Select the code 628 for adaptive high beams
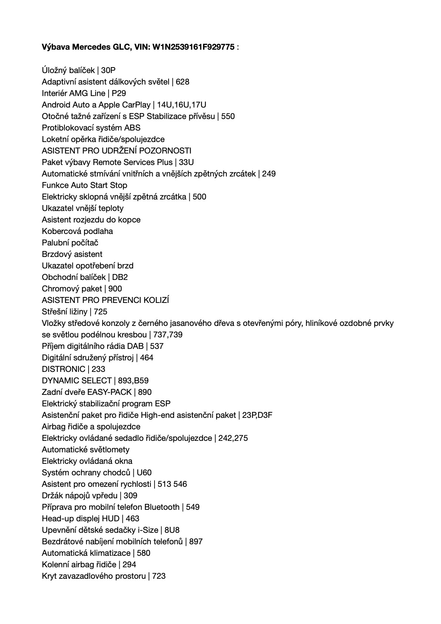tap(182, 82)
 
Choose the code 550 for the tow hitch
tap(228, 116)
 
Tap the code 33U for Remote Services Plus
tap(186, 162)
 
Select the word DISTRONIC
tap(63, 369)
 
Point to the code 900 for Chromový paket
tap(115, 288)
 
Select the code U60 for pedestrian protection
tap(144, 472)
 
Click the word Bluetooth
tap(162, 507)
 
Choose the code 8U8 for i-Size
tap(172, 530)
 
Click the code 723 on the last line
tap(159, 576)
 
